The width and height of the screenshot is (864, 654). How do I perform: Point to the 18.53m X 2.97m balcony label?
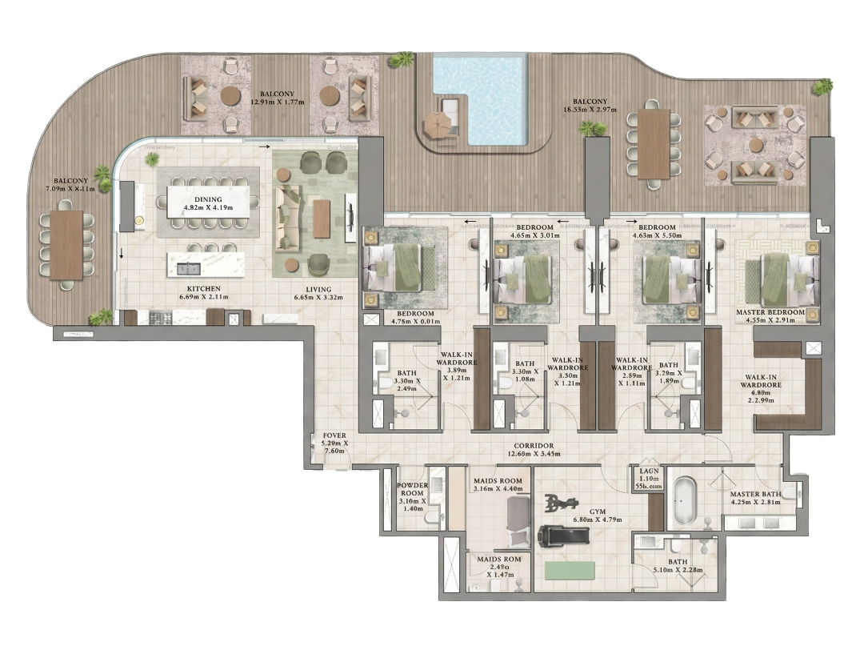click(590, 106)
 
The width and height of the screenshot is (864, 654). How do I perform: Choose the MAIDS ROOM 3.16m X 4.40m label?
click(498, 484)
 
